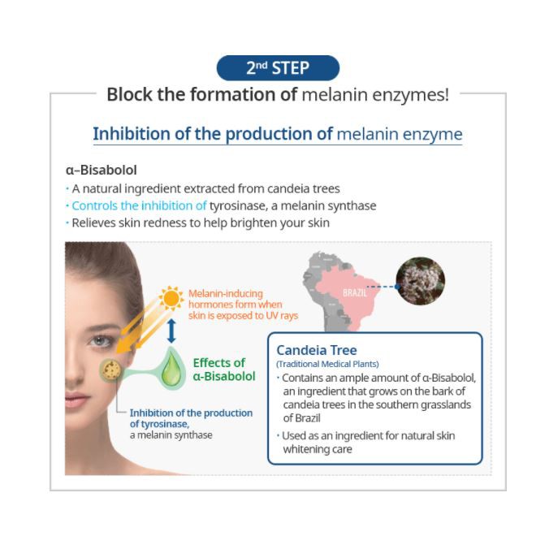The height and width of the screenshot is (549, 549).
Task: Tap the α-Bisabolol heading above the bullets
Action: [x=101, y=171]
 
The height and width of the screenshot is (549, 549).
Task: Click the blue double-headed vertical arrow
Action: [x=171, y=331]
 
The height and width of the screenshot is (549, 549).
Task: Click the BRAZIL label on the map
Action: [x=355, y=292]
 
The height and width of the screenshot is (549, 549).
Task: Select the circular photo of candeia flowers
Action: [x=420, y=280]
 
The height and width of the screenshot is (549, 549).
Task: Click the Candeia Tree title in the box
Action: [x=316, y=350]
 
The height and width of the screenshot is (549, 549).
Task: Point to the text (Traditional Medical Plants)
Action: [x=327, y=364]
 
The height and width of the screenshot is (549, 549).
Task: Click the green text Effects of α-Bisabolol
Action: [x=223, y=370]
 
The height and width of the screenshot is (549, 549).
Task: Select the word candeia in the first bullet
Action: [x=270, y=188]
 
